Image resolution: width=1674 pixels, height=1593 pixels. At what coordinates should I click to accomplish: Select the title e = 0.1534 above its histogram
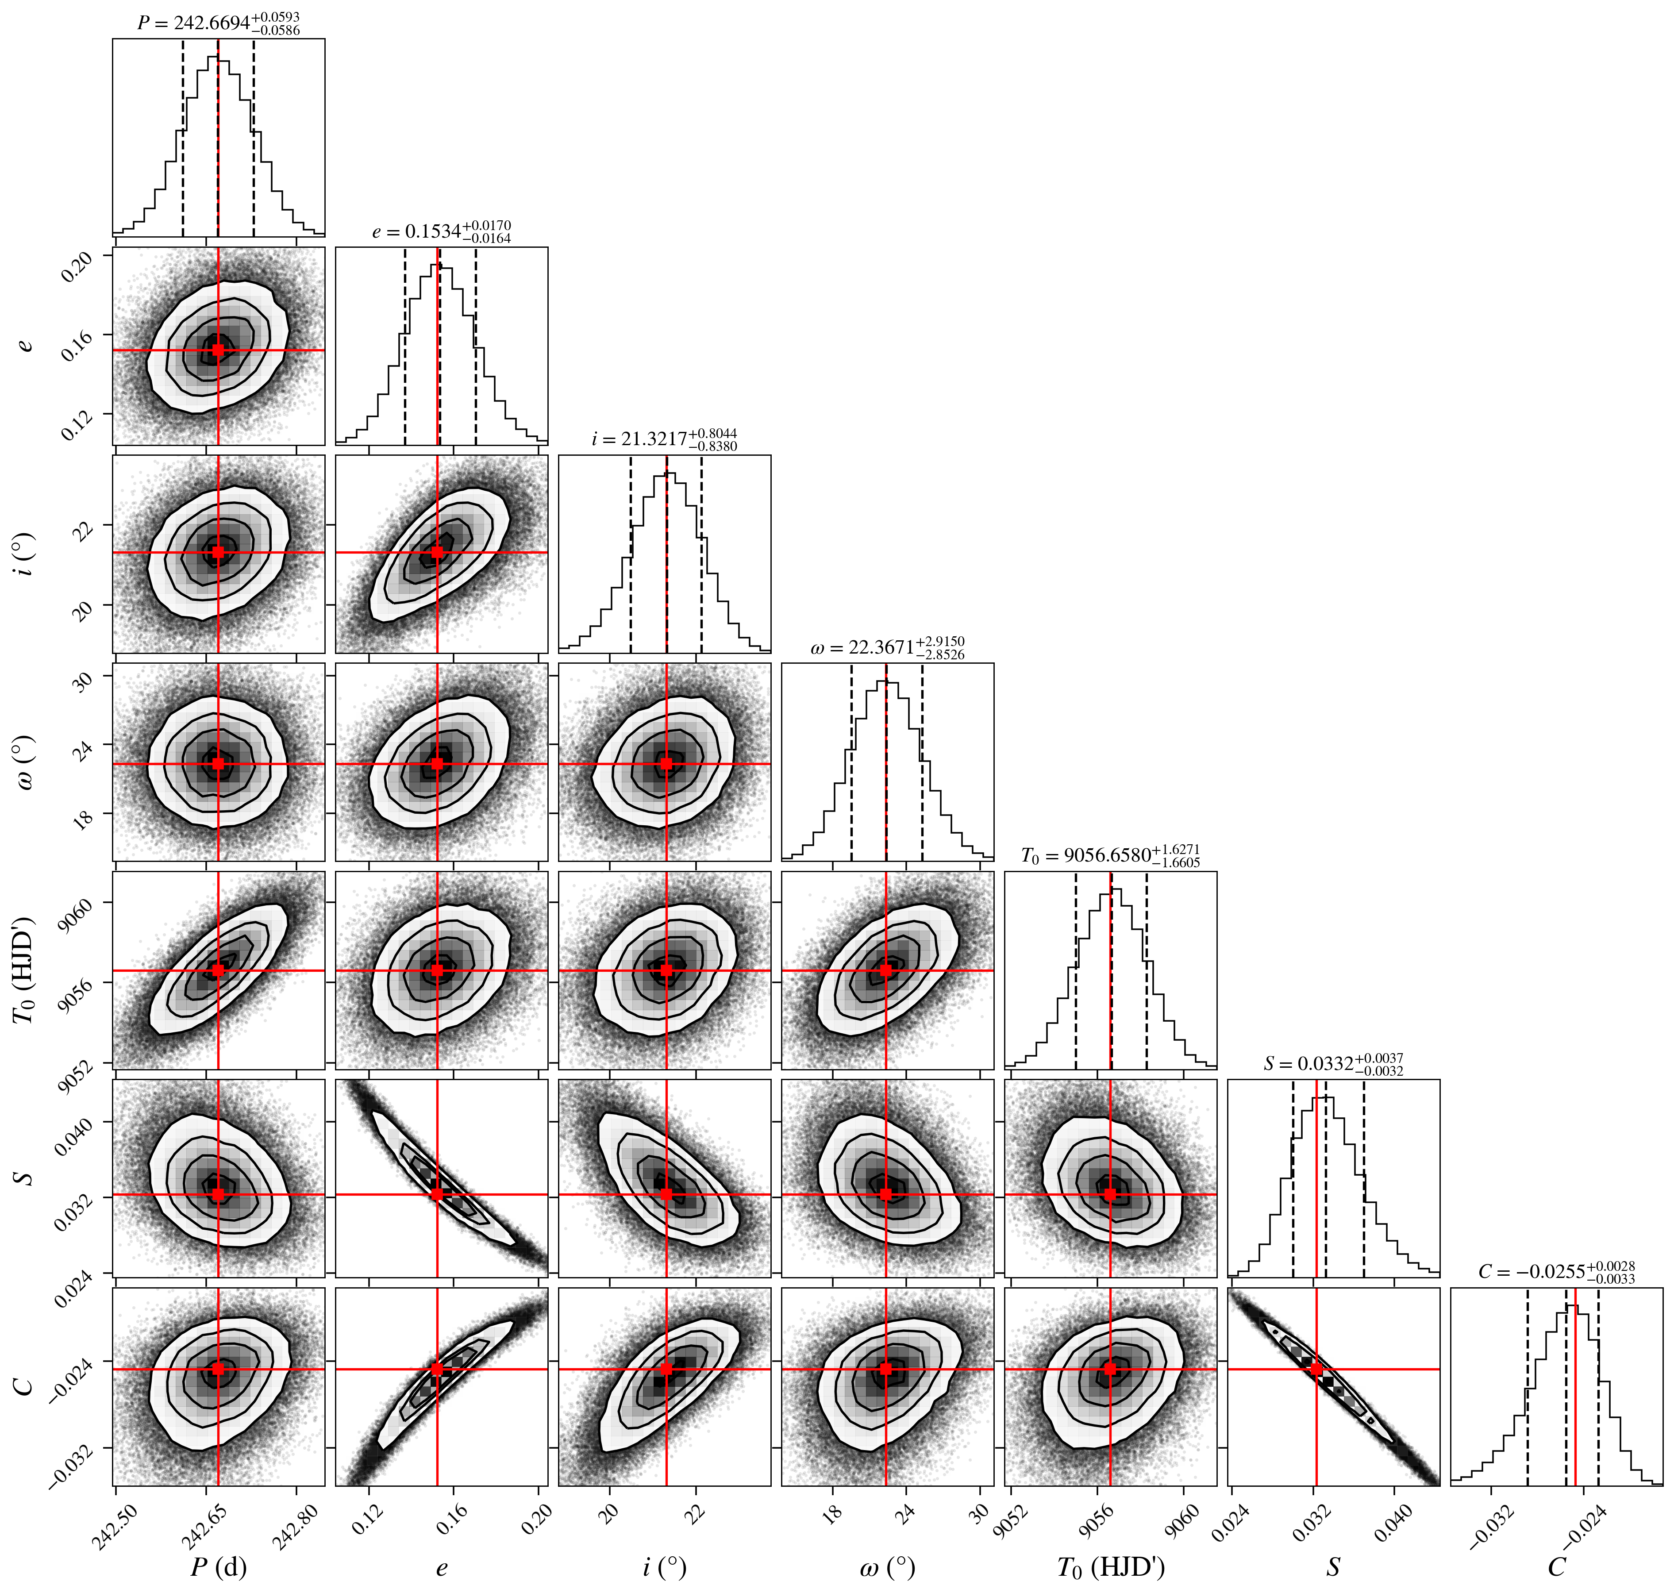[x=442, y=232]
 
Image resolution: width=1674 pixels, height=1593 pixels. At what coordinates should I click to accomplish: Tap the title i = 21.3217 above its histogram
[x=664, y=439]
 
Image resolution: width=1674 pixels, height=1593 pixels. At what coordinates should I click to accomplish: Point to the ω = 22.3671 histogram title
[x=888, y=647]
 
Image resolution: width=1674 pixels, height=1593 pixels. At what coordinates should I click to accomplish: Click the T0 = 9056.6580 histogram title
[x=1110, y=855]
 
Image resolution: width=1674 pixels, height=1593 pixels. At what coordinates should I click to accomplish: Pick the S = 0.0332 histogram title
[x=1333, y=1063]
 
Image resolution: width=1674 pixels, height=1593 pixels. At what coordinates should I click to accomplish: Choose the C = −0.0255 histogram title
[x=1556, y=1271]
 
